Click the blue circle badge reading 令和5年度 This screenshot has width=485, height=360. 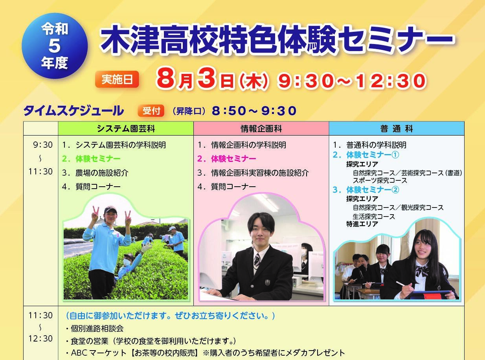point(55,46)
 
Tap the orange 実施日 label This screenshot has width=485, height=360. point(117,79)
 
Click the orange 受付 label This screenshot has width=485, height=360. point(151,111)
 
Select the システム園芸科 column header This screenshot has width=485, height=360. point(126,129)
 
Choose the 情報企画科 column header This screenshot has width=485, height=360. point(261,129)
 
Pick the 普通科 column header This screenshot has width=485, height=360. point(397,129)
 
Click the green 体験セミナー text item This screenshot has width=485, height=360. point(91,159)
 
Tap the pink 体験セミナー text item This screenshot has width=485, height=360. point(226,159)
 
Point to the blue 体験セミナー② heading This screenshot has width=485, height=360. point(366,189)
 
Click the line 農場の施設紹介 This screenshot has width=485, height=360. point(95,173)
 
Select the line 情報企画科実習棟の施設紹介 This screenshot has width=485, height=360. point(253,173)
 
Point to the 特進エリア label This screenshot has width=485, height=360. point(362,224)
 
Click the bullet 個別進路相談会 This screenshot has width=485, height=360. point(95,329)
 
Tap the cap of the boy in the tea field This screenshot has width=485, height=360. point(110,209)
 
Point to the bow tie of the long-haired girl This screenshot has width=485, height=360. point(421,271)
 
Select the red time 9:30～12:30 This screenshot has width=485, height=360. point(352,81)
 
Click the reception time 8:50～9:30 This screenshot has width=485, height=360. point(254,111)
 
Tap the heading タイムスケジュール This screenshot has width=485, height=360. point(73,111)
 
